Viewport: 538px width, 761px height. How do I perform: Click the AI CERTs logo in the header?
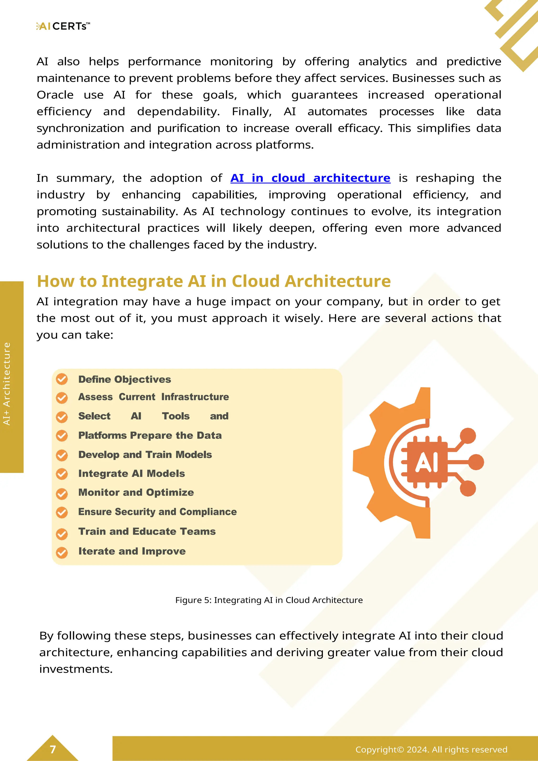pos(63,26)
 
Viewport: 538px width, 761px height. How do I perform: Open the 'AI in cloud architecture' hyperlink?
pos(310,178)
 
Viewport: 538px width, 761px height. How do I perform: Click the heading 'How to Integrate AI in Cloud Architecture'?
pos(214,281)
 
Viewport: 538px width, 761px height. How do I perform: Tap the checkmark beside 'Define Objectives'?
pos(62,379)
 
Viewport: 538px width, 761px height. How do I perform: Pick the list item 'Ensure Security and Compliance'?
pos(157,512)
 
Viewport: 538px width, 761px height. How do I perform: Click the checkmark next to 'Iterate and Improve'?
pos(62,552)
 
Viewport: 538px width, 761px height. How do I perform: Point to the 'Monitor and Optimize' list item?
pos(136,493)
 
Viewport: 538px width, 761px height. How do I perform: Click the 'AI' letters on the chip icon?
pos(427,462)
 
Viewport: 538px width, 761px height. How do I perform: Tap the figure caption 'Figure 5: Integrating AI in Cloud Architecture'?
pos(269,600)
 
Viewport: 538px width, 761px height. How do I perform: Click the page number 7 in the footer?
pos(53,749)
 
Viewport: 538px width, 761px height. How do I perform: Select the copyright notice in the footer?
pos(431,749)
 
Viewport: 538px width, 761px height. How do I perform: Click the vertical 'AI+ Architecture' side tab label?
pos(7,384)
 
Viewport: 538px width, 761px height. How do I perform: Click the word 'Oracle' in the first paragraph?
pos(55,95)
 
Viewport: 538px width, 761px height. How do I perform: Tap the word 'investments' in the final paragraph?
pos(76,669)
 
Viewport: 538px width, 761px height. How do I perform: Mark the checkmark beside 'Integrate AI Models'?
pos(62,474)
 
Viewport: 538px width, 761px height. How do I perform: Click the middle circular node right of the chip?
pos(476,462)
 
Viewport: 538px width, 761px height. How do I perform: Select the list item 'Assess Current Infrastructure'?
pos(153,397)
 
